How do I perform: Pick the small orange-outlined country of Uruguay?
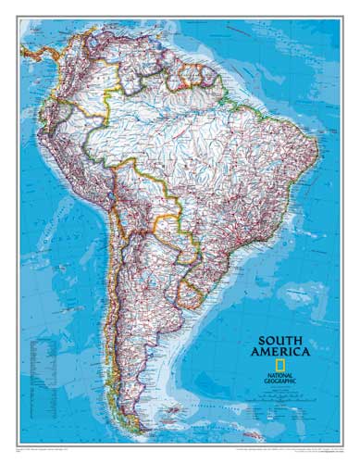pos(190,294)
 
